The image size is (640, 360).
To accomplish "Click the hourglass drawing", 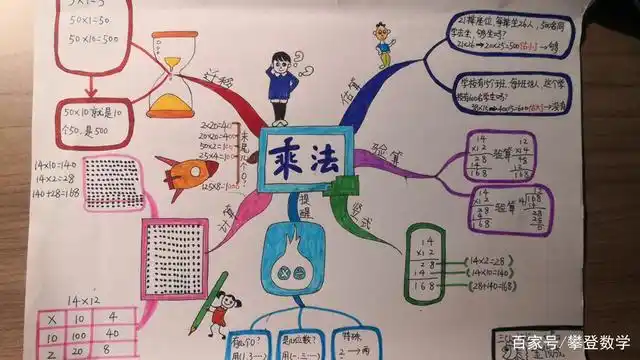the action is point(171,74).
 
